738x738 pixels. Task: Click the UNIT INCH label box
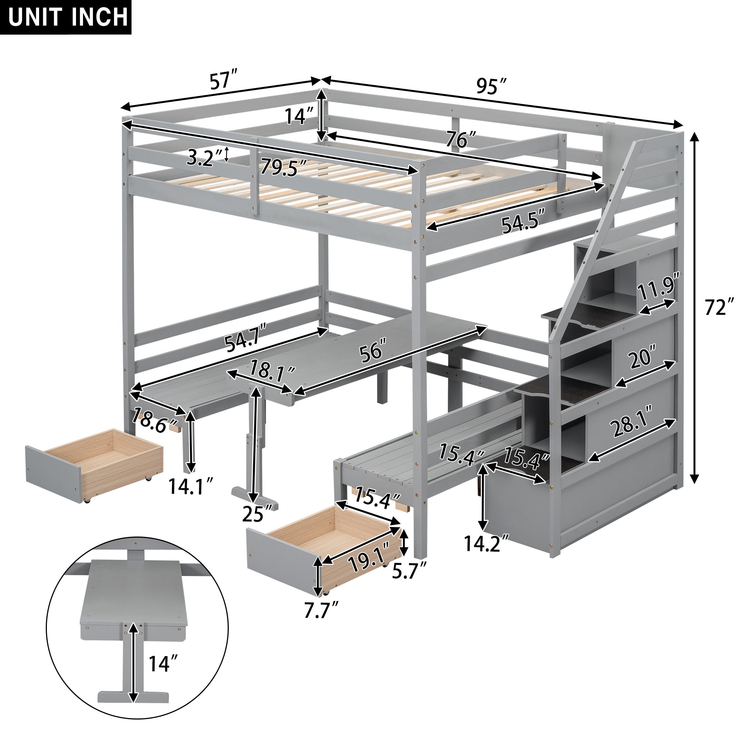click(66, 17)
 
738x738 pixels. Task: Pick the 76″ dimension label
click(462, 140)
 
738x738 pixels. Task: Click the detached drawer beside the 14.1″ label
click(94, 464)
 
